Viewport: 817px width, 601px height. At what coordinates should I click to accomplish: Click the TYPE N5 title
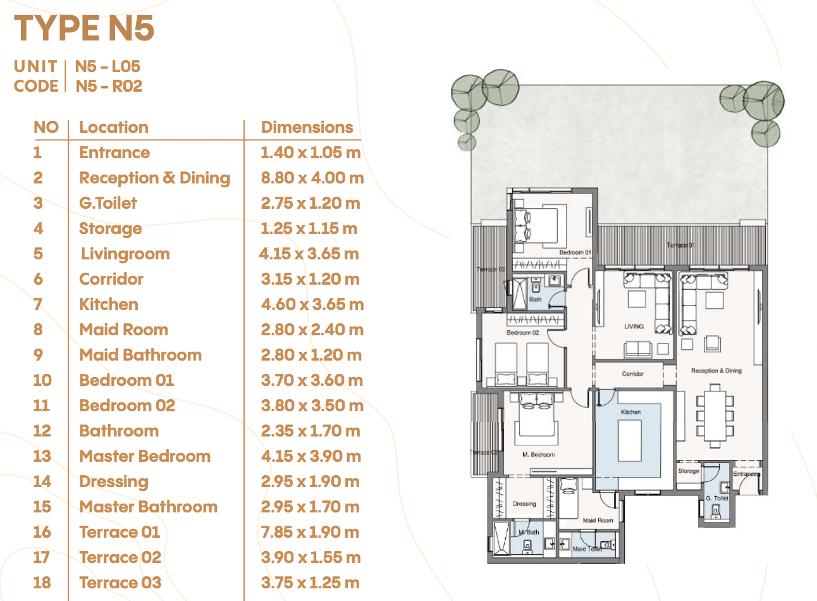(84, 28)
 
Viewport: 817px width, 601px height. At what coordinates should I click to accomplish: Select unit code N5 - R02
(109, 86)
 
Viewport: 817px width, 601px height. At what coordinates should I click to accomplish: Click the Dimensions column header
(307, 127)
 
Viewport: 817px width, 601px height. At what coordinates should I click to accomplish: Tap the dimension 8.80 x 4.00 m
(312, 178)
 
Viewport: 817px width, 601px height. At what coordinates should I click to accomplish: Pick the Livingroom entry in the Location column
(125, 254)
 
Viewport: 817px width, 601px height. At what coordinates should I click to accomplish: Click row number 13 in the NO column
(42, 456)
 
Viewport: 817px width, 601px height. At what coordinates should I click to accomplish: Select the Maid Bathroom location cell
(140, 355)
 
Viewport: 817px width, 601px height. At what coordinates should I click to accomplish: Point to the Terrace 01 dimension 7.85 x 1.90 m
(310, 532)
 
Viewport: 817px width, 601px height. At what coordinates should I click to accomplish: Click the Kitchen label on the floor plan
(630, 412)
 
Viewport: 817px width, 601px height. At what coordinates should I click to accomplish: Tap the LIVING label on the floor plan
(634, 326)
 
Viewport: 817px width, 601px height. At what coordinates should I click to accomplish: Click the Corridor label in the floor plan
(633, 374)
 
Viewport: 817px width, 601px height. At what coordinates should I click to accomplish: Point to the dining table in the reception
(715, 416)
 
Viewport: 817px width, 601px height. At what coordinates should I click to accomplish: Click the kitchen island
(630, 441)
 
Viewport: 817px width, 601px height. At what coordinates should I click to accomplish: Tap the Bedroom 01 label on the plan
(575, 252)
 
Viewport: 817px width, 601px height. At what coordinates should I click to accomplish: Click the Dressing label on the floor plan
(524, 504)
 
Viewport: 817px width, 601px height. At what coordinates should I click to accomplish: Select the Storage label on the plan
(689, 471)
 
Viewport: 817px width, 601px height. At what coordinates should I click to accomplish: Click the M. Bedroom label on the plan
(538, 455)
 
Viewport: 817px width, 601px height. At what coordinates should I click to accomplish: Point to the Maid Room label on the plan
(598, 521)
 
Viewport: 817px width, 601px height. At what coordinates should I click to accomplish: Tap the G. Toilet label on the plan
(716, 498)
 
